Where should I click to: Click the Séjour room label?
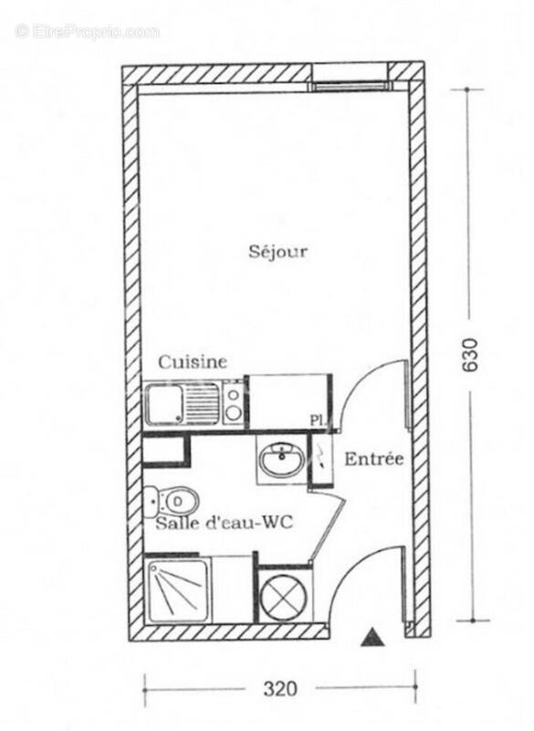coord(277,251)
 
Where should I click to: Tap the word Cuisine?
coord(193,363)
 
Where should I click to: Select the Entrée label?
coord(373,459)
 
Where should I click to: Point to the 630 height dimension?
coord(471,355)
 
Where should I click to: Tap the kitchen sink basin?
coord(163,403)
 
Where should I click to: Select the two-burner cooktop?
coord(235,403)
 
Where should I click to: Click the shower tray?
coord(178,590)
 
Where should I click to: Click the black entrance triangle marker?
coord(371,638)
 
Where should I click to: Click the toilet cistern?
coord(152,500)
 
